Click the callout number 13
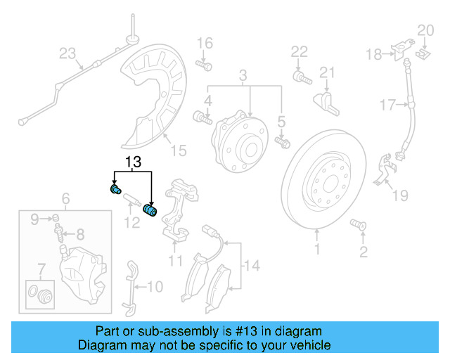(x=134, y=162)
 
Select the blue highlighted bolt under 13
(x=116, y=189)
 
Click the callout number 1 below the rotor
(x=316, y=249)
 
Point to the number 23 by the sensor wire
(x=67, y=53)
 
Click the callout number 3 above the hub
(x=243, y=75)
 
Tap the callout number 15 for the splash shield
(x=179, y=150)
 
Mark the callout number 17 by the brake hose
(x=388, y=105)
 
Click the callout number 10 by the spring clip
(x=155, y=286)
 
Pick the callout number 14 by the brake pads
(x=251, y=266)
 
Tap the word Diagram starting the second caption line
(x=103, y=345)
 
